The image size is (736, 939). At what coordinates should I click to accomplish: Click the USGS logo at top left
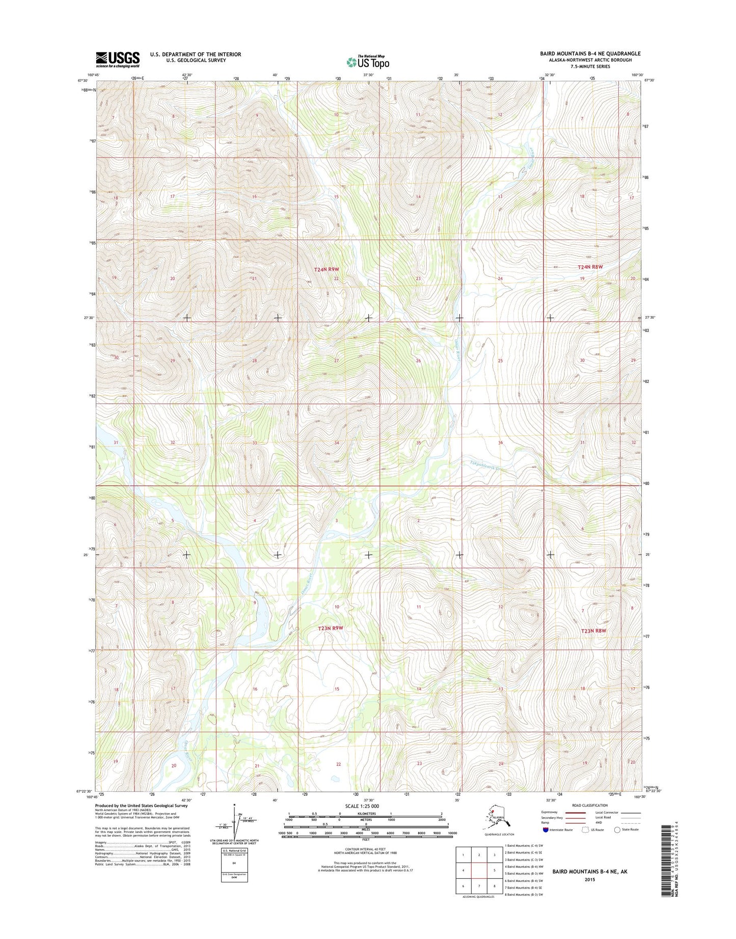coord(118,59)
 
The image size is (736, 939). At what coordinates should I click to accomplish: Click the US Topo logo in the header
coord(368,62)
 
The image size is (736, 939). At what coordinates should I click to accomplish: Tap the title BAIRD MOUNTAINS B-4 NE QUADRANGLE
coord(590,54)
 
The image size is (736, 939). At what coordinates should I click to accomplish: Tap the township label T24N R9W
coord(326,269)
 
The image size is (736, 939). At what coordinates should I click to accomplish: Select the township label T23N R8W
coord(593,631)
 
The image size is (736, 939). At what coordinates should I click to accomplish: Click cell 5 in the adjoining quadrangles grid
coord(494,870)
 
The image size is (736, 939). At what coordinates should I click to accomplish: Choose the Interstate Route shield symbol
coord(546,829)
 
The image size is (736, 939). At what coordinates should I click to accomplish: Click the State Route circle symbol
coord(617,829)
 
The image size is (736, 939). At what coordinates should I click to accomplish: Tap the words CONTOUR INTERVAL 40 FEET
coord(365,848)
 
